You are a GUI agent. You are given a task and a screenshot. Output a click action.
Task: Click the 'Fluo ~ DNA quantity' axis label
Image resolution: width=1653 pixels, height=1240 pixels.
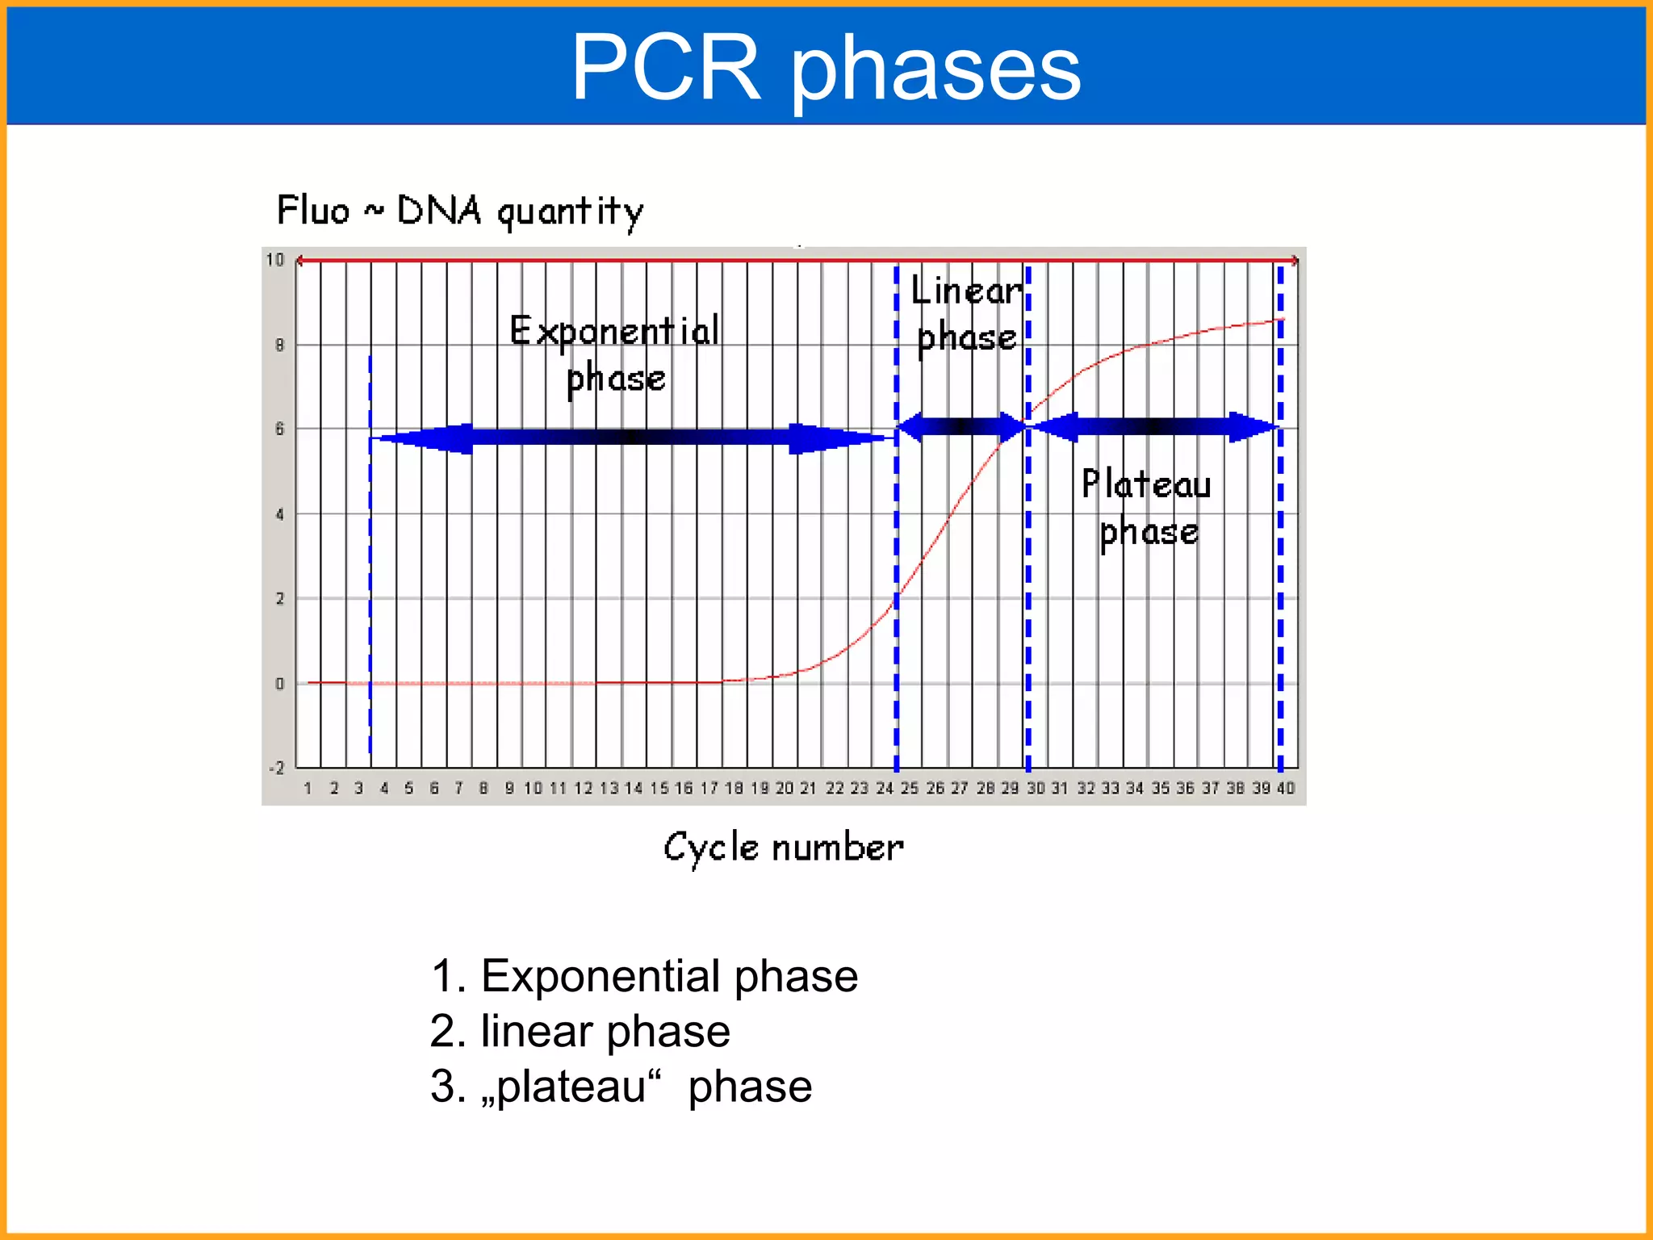click(x=460, y=211)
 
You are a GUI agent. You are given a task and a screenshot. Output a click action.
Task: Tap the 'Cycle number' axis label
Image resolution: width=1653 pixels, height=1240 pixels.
click(x=783, y=848)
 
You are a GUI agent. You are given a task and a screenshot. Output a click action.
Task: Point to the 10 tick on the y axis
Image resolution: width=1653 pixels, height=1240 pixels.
click(x=275, y=260)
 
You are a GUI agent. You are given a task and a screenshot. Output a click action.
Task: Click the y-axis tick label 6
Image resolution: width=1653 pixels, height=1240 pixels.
click(x=279, y=429)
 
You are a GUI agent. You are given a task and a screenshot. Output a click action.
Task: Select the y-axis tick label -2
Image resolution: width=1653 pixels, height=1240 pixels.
click(x=277, y=768)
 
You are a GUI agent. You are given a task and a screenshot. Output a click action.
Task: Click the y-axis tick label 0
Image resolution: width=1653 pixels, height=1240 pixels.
click(x=279, y=684)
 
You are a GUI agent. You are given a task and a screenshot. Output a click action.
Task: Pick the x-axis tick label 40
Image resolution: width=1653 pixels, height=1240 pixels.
click(x=1286, y=788)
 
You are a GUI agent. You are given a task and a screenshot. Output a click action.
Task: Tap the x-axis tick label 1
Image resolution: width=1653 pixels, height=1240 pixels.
click(x=308, y=788)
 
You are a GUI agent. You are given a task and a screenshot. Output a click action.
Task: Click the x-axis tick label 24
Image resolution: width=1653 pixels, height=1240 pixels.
click(x=885, y=788)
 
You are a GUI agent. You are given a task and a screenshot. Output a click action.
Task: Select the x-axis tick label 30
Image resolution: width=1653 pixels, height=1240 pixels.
click(x=1036, y=788)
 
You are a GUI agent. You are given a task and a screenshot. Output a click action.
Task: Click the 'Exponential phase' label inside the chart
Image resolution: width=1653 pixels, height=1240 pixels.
click(x=615, y=354)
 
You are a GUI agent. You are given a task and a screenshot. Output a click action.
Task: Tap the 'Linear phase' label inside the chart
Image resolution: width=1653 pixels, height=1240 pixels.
click(x=966, y=313)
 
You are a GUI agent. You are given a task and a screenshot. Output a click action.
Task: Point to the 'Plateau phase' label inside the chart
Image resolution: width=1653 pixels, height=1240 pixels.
click(x=1147, y=507)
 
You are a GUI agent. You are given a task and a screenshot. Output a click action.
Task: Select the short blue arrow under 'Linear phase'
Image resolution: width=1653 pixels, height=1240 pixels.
click(x=961, y=426)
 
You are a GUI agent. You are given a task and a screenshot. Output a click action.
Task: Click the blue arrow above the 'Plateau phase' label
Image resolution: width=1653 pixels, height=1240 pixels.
click(x=1155, y=426)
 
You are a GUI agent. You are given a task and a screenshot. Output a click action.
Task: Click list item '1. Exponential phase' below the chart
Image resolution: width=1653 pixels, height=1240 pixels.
click(x=643, y=976)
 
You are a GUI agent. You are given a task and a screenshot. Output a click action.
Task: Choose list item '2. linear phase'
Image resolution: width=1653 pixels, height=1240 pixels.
click(x=580, y=1031)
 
